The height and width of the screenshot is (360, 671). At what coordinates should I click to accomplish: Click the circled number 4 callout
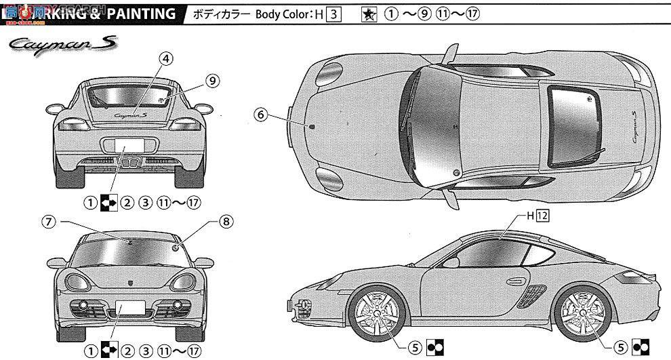point(164,58)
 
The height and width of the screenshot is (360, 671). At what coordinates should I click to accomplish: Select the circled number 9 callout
point(212,81)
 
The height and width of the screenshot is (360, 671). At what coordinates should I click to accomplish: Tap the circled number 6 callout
point(260,115)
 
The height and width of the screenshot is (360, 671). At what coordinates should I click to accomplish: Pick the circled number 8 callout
point(226,221)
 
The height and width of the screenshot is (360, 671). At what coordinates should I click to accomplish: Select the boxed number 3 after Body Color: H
point(332,14)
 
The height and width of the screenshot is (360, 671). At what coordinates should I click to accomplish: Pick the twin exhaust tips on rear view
point(129,161)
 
